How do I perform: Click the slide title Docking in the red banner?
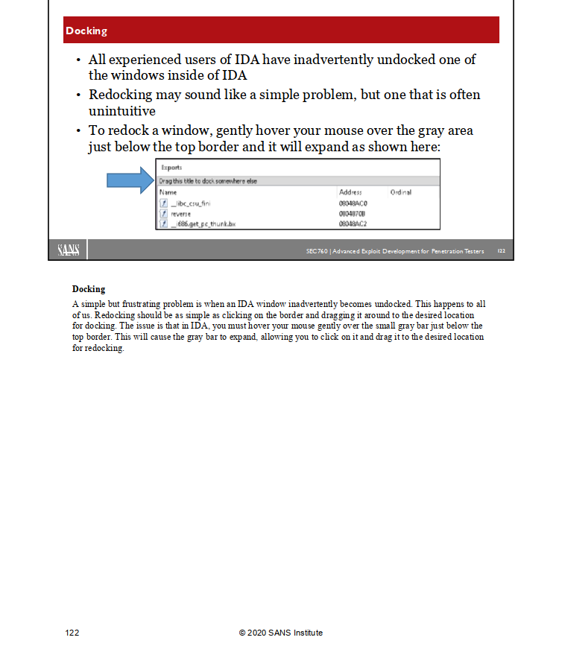point(86,31)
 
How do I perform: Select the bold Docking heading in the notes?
point(89,289)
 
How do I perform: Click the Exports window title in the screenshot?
point(171,168)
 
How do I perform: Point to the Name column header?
point(168,192)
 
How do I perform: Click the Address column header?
point(350,192)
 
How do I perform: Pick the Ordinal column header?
point(400,192)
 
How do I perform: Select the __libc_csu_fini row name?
point(191,203)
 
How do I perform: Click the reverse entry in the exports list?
point(181,213)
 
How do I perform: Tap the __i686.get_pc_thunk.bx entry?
point(203,223)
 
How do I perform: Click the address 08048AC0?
point(353,203)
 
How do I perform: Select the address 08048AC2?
point(353,223)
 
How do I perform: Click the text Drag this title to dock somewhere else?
point(208,181)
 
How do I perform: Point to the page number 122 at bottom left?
point(72,633)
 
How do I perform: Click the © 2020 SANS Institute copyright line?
point(281,633)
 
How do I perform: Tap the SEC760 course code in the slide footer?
point(316,251)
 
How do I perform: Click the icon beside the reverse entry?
point(163,213)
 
